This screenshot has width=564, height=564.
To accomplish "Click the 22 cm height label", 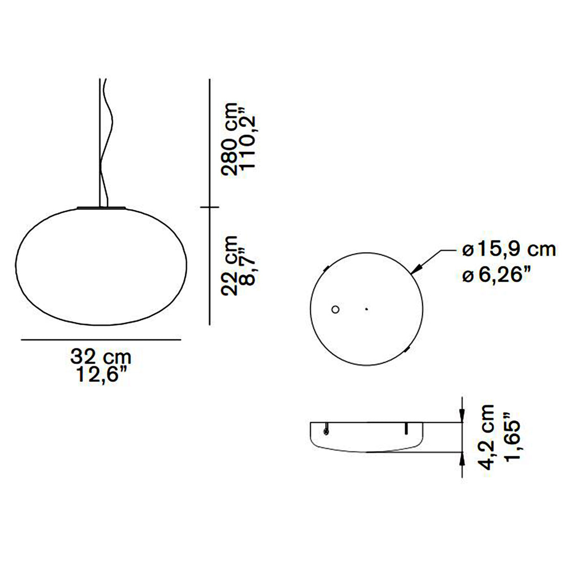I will [231, 266].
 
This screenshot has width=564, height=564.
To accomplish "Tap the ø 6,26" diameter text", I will [496, 275].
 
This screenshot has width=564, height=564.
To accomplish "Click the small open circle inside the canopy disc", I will [335, 310].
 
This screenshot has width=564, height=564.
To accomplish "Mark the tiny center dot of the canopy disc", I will [366, 309].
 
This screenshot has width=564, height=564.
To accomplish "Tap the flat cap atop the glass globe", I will [101, 208].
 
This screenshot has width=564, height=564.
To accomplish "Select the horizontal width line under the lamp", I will [101, 339].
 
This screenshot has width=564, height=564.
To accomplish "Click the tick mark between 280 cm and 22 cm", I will [209, 207].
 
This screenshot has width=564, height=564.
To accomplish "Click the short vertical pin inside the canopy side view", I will [406, 428].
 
